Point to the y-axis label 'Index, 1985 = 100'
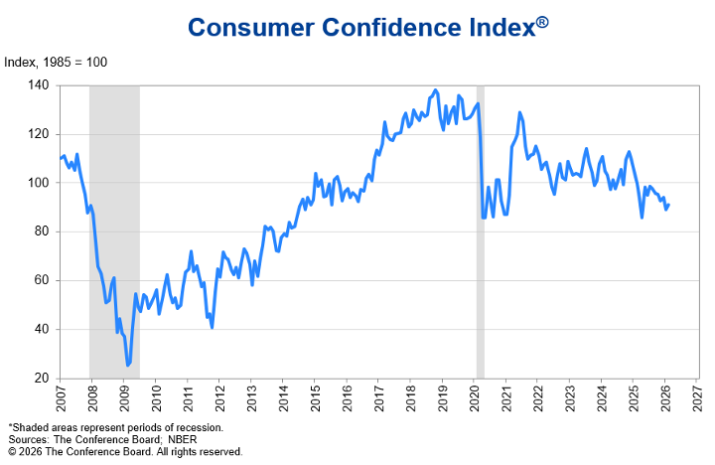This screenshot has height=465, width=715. click(x=56, y=63)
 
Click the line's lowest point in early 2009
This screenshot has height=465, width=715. click(x=128, y=365)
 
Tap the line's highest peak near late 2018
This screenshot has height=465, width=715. click(x=435, y=90)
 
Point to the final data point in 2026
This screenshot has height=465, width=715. click(x=668, y=206)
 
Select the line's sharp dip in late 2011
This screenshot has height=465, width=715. click(x=212, y=326)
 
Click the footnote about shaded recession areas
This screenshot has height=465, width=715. click(x=116, y=427)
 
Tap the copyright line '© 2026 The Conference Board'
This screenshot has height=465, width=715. click(x=125, y=451)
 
